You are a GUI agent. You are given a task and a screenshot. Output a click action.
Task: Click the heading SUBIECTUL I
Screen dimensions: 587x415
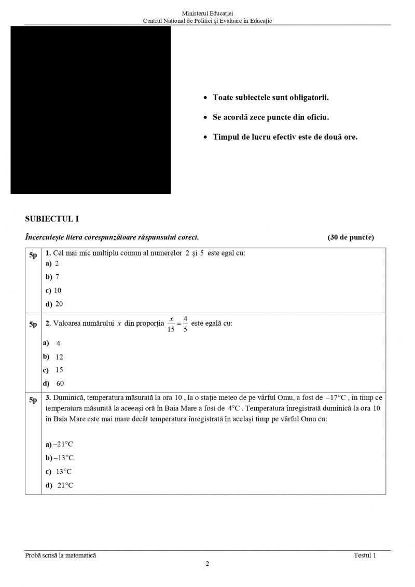[52, 219]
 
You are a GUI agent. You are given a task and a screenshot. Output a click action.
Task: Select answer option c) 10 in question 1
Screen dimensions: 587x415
[53, 290]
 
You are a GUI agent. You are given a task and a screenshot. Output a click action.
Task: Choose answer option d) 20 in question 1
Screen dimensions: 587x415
[54, 304]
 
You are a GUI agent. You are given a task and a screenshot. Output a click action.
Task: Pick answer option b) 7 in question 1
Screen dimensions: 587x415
[52, 277]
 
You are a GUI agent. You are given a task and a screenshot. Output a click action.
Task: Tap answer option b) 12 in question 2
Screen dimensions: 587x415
[53, 357]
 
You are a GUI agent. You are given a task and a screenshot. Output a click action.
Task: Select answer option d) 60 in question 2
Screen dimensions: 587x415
[53, 383]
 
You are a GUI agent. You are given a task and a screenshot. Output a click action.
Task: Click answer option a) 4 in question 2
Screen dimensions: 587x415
[52, 343]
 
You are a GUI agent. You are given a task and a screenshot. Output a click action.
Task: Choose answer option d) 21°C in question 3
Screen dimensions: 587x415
[60, 485]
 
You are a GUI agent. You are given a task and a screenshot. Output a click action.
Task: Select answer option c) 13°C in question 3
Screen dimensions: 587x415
[59, 472]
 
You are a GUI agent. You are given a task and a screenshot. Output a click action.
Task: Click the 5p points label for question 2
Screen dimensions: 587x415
[33, 325]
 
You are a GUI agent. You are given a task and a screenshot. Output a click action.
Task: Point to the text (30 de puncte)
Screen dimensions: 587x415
[351, 237]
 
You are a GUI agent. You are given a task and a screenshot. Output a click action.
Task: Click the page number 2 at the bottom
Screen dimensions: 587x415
[208, 564]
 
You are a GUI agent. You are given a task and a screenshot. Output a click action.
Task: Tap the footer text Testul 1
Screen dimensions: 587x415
[365, 555]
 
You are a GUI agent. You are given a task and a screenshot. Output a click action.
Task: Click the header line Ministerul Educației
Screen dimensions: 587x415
[208, 13]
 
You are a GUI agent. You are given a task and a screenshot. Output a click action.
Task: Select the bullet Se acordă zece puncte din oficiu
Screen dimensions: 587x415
[270, 117]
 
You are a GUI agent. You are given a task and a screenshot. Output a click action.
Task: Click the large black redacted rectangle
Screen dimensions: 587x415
[91, 110]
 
